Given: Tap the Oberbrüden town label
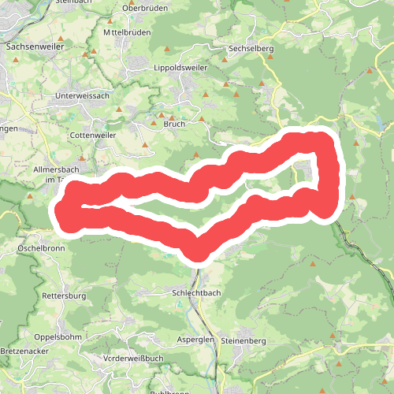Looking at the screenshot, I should [146, 9].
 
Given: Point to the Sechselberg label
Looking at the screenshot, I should [250, 48].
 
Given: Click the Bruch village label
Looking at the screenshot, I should [173, 124].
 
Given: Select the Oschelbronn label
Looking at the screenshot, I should [40, 247].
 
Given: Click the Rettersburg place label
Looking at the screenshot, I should [63, 296].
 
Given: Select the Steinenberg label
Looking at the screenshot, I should [244, 340].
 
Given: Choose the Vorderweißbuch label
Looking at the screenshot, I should [132, 359].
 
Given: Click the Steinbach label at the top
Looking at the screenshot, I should [76, 2].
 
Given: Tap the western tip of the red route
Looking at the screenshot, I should [61, 210].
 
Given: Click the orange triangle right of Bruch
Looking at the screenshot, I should [202, 120].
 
